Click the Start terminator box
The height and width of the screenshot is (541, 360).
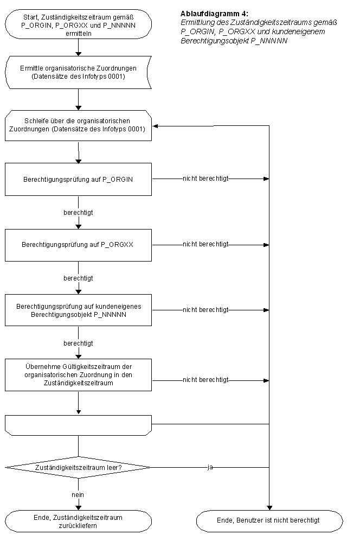pos(78,24)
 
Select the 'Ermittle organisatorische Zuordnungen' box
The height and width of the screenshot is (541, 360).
pos(78,73)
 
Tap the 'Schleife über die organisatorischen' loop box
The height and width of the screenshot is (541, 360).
pos(78,125)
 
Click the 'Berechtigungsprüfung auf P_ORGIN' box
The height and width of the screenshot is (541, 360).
pos(78,180)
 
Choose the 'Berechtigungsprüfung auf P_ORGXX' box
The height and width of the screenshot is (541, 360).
pos(78,245)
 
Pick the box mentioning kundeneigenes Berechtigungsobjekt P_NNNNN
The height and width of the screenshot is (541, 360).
pos(78,310)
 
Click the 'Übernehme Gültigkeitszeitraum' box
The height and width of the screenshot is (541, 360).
pos(78,375)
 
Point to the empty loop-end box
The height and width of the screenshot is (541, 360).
pos(78,425)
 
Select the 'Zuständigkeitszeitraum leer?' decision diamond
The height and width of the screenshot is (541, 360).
pos(78,468)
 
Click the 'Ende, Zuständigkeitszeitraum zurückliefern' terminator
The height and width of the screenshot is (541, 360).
pos(78,521)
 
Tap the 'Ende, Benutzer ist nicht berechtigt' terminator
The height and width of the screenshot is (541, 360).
pos(269,520)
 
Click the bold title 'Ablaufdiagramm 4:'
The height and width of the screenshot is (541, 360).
pos(214,14)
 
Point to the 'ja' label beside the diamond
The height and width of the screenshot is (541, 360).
pos(210,467)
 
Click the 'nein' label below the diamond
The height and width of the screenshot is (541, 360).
pos(78,495)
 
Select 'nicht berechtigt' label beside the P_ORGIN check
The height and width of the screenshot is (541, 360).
pos(205,179)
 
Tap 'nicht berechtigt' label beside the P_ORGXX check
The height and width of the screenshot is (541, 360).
pos(205,244)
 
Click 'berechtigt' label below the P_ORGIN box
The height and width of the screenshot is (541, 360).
pos(78,213)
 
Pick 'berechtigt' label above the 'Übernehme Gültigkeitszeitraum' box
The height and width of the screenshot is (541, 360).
pos(78,343)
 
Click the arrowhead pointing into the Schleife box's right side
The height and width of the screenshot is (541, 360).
pos(155,126)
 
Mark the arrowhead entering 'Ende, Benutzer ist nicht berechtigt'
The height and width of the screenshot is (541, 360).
pos(269,508)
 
